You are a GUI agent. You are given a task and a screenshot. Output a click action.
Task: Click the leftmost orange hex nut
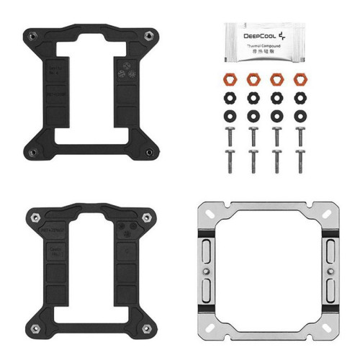click(231, 78)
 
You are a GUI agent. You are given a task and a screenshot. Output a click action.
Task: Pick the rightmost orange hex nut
click(299, 78)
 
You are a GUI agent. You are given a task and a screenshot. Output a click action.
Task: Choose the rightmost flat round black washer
click(299, 114)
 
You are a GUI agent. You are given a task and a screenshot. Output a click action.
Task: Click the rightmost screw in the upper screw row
click(299, 134)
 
